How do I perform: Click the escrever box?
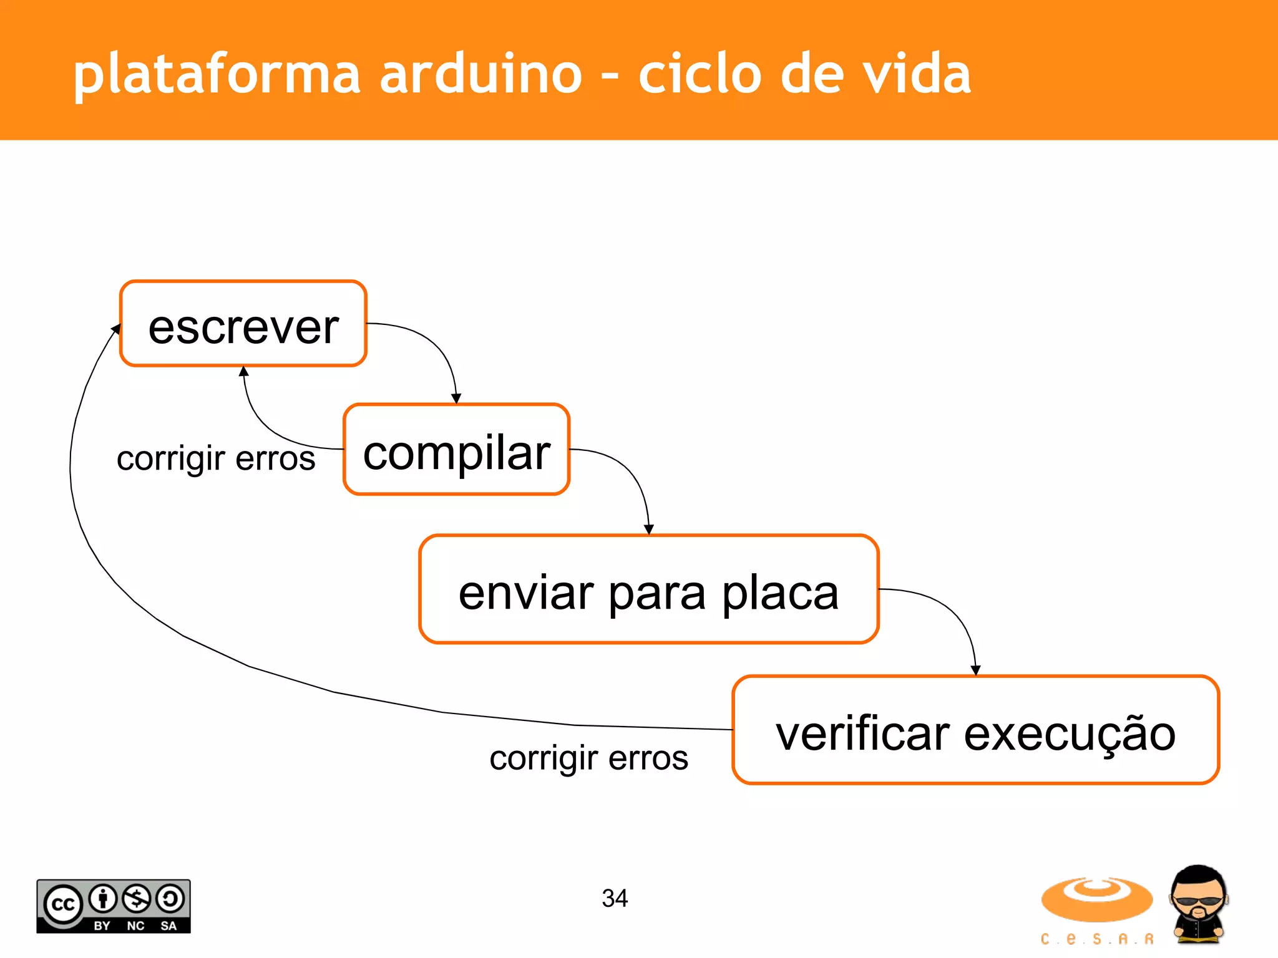(x=243, y=324)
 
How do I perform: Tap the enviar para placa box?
(x=649, y=589)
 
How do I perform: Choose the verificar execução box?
(x=975, y=730)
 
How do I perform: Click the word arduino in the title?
(x=480, y=74)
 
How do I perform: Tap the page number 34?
(x=615, y=898)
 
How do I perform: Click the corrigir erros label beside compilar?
(x=216, y=459)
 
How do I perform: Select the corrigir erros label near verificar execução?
(x=588, y=758)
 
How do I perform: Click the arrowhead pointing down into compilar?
(x=456, y=399)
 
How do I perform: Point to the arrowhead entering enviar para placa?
(x=649, y=530)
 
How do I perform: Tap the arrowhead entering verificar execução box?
(x=975, y=670)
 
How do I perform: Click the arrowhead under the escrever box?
(x=244, y=371)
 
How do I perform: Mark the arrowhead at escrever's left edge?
(x=116, y=329)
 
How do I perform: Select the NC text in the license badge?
(x=135, y=926)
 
